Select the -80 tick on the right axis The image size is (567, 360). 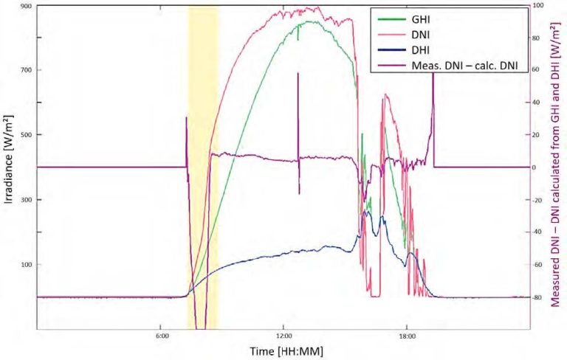(x=539, y=297)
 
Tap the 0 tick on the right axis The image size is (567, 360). (x=537, y=167)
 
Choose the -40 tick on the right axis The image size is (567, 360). (x=539, y=232)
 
